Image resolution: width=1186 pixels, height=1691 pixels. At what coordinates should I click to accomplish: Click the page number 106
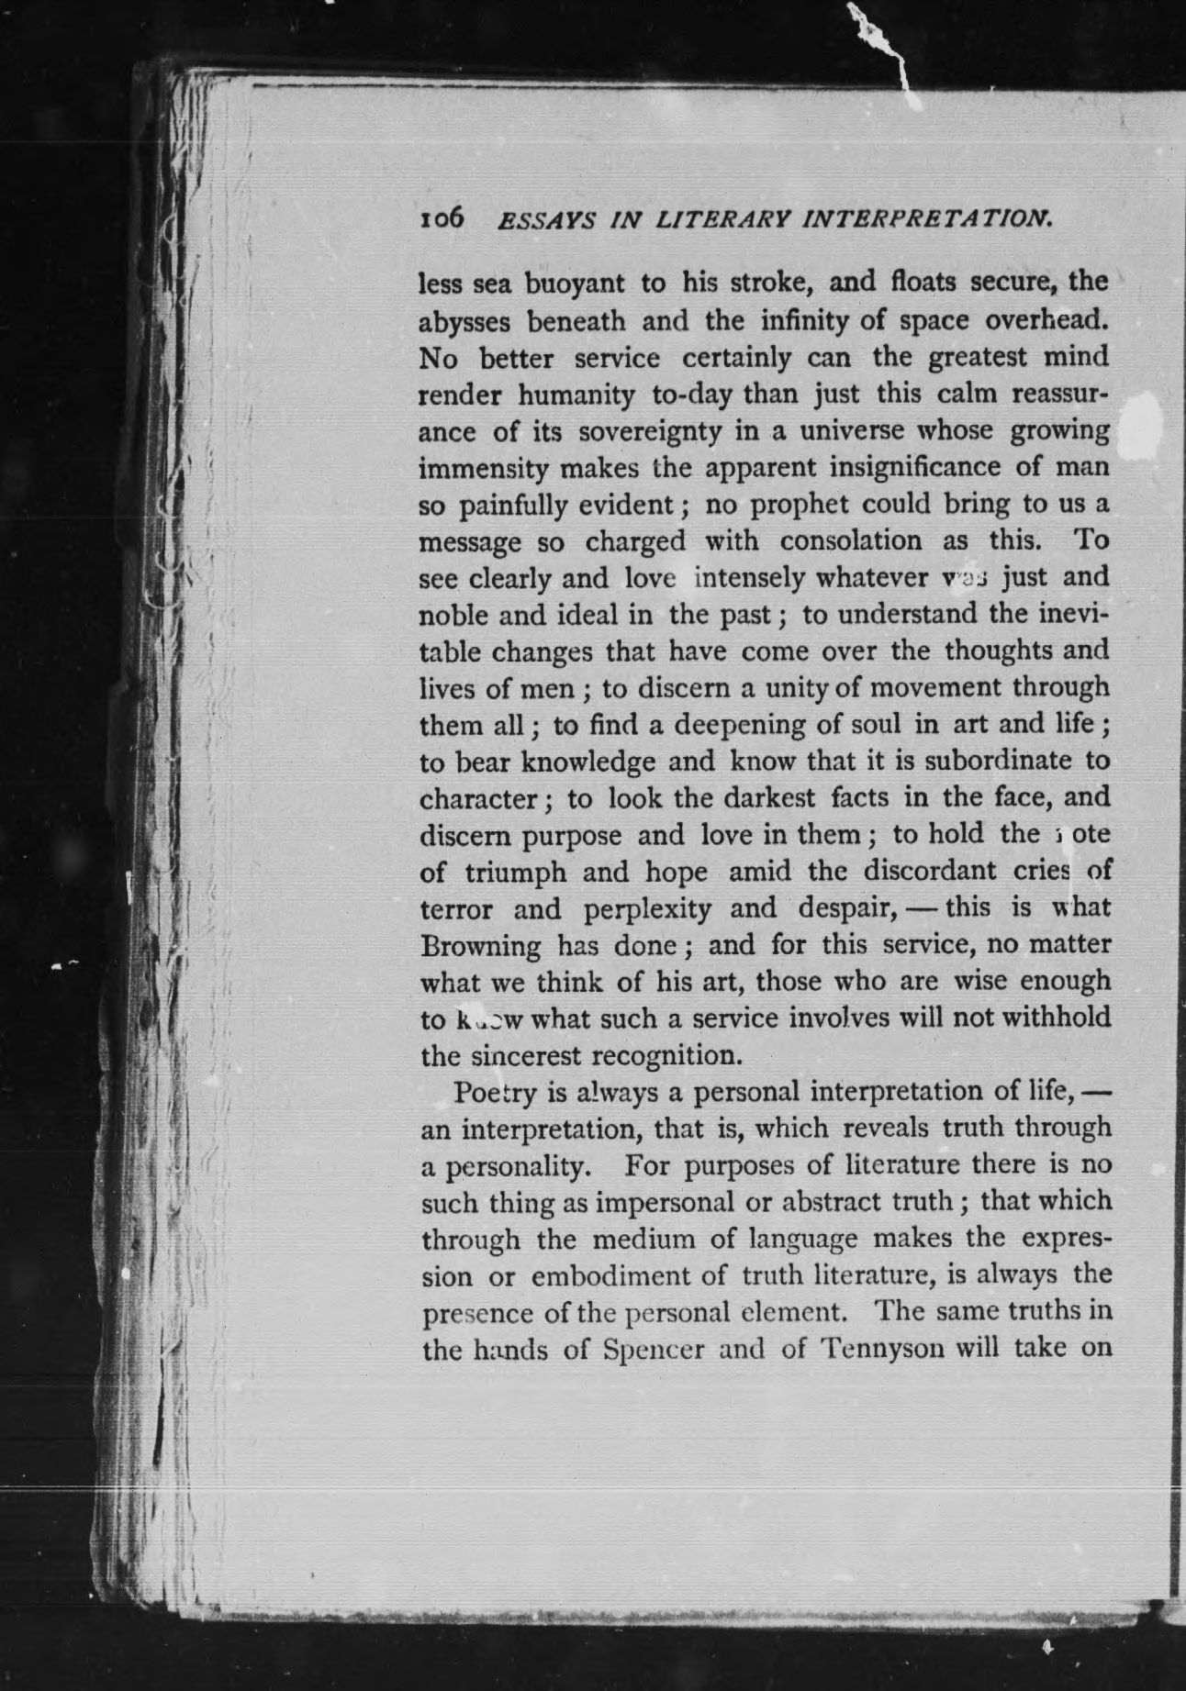[443, 220]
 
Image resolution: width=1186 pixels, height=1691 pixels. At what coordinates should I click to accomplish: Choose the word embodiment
[624, 1276]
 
